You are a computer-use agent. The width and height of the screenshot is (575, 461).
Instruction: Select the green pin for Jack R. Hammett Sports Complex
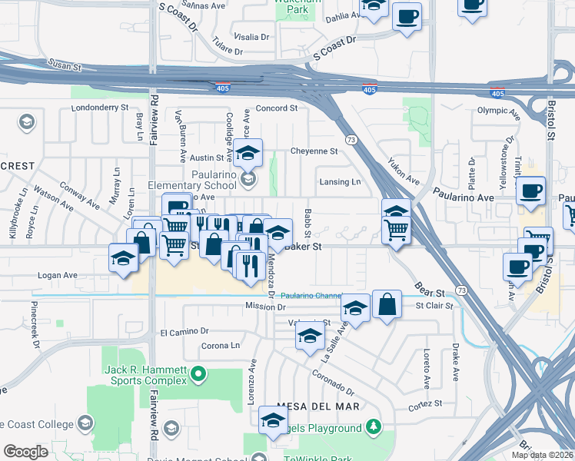(199, 375)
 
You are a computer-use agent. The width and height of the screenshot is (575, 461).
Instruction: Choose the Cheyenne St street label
(314, 151)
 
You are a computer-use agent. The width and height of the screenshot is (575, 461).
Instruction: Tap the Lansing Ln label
(341, 182)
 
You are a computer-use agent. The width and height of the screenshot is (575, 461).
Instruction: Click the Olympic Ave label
(497, 111)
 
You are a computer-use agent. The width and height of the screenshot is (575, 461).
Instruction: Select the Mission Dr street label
(244, 306)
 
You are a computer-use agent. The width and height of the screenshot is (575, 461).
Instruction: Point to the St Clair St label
(435, 306)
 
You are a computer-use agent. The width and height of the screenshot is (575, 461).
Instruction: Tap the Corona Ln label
(221, 346)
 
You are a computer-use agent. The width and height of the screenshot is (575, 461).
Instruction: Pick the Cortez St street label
(426, 404)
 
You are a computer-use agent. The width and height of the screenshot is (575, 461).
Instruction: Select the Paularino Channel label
(310, 295)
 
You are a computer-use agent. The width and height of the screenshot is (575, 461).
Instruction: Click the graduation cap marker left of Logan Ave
(123, 258)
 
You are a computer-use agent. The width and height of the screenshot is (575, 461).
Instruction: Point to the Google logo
(26, 452)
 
